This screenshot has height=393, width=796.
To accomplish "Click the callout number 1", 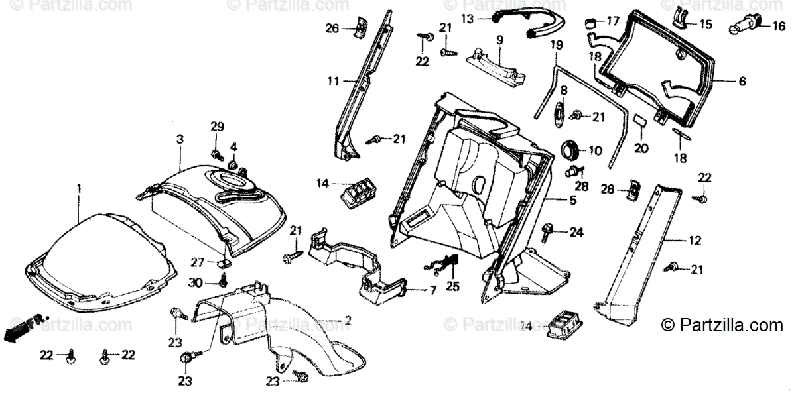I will (x=78, y=188).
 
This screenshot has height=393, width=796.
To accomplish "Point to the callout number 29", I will (x=218, y=127).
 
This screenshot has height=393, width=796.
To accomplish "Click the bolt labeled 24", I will (x=549, y=231).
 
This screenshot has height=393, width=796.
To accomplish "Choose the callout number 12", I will (x=695, y=241).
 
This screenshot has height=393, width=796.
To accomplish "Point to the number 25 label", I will (x=451, y=286).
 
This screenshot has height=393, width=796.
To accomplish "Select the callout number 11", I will (x=332, y=81).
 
